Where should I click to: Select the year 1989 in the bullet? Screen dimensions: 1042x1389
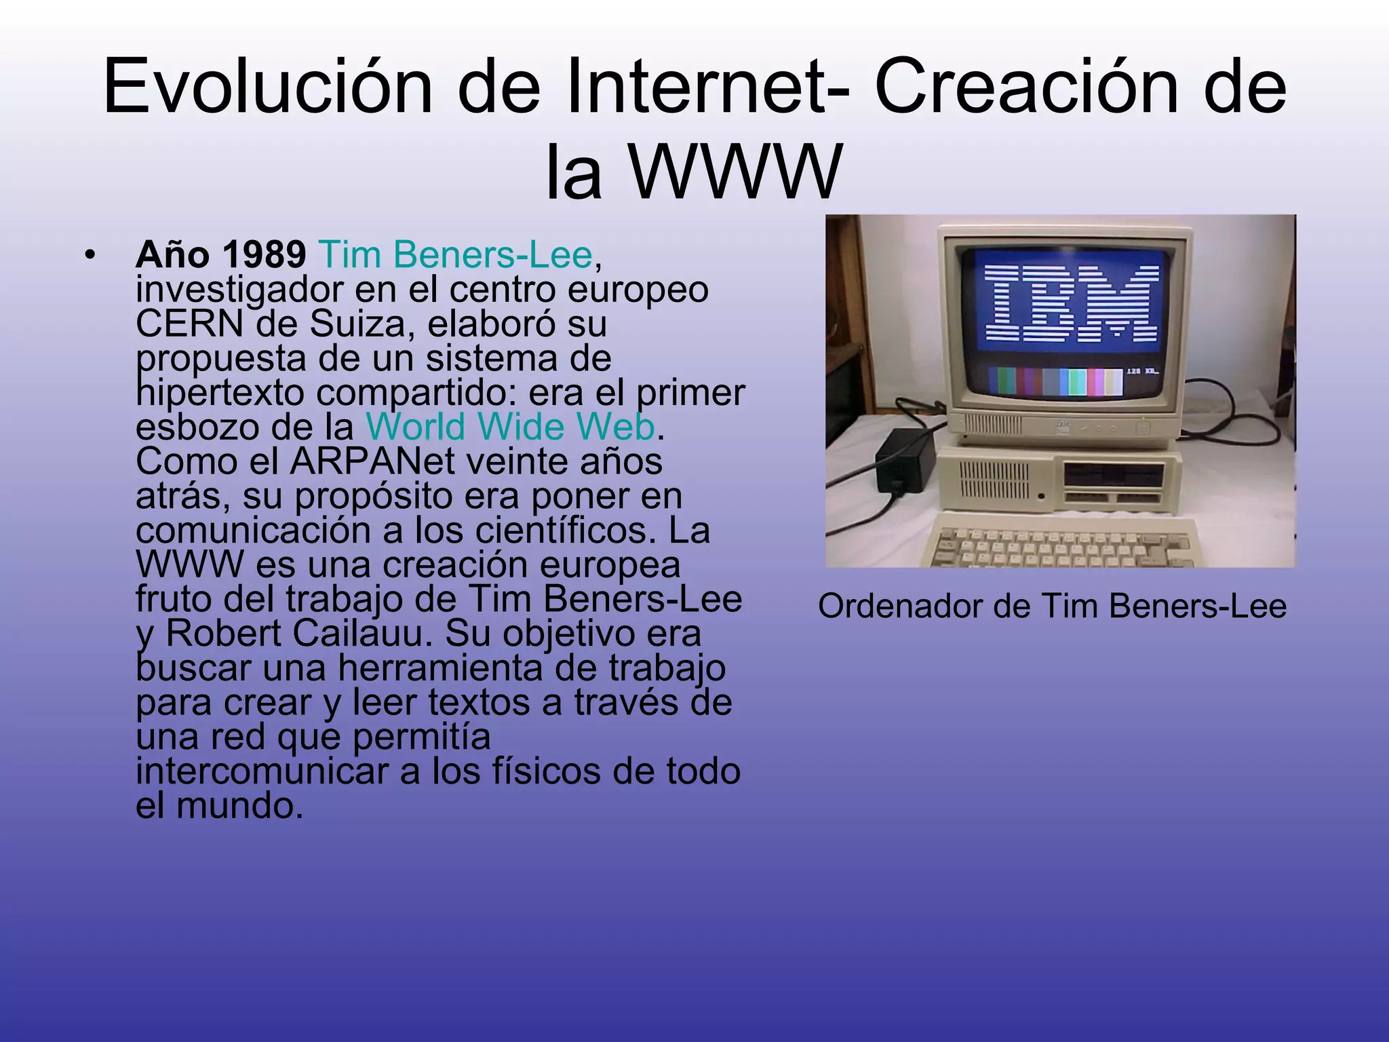(x=264, y=255)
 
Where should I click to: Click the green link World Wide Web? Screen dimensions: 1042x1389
(x=510, y=427)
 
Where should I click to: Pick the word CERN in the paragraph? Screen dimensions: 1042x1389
(x=189, y=324)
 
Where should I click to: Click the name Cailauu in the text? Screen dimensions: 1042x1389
(x=362, y=634)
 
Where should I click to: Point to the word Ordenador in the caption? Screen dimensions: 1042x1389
(x=901, y=606)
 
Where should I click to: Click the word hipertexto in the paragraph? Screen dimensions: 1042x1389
(x=220, y=393)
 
